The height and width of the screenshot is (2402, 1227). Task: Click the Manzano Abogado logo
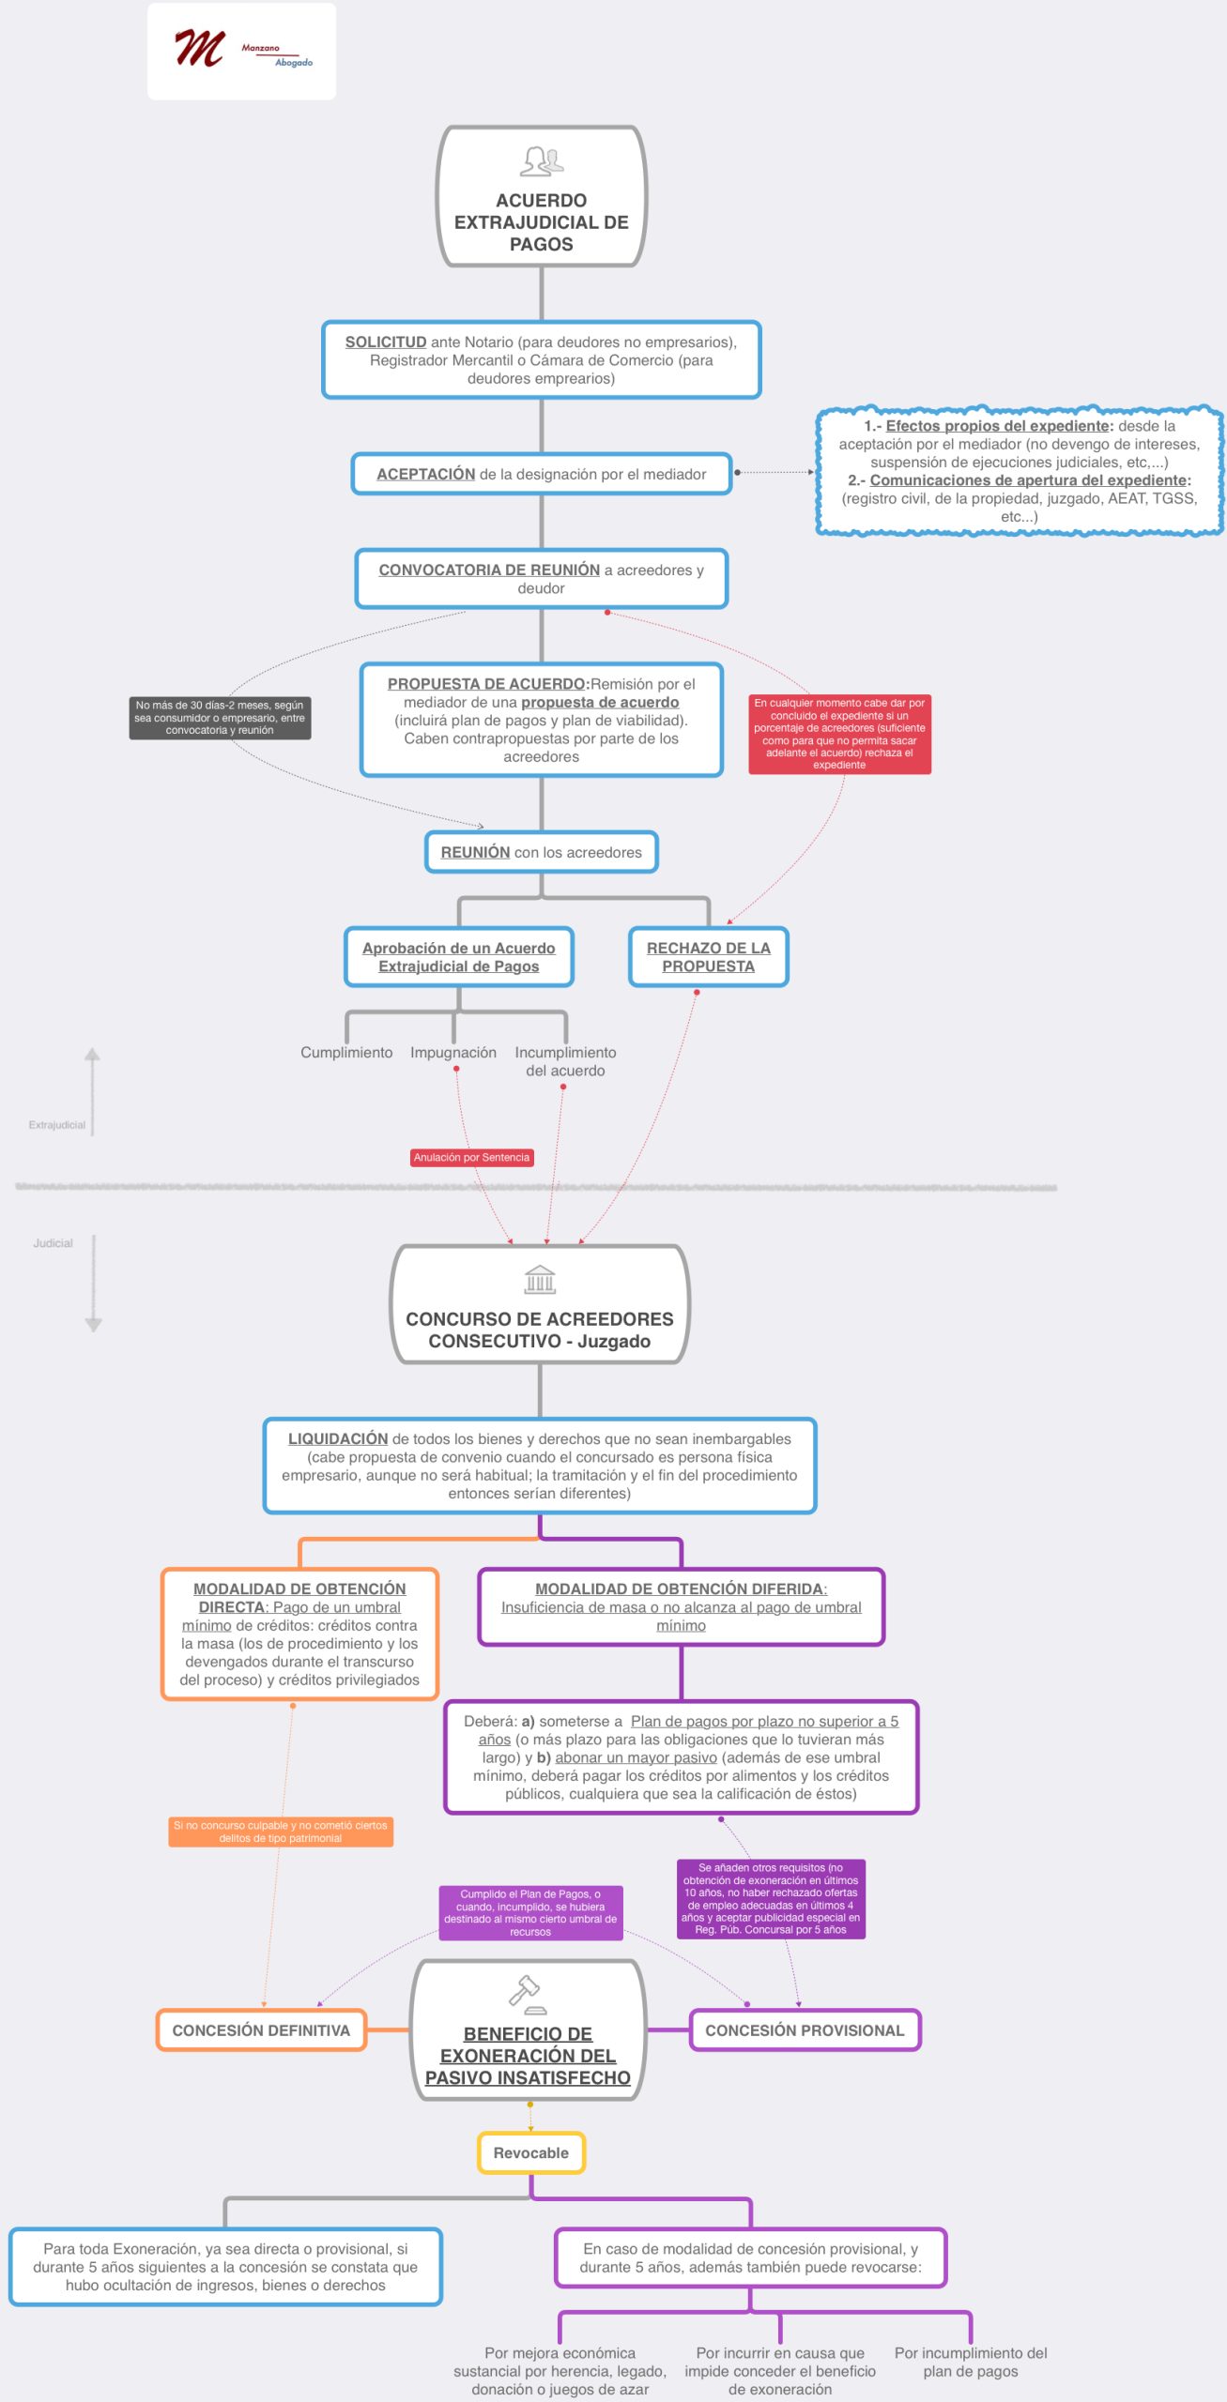coord(241,51)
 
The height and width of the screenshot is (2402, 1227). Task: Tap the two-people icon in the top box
coord(542,161)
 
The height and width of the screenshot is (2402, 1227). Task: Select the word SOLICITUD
coord(385,342)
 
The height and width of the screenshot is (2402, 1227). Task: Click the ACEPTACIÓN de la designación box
coord(541,474)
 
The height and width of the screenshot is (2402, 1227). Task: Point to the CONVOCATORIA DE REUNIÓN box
coord(541,579)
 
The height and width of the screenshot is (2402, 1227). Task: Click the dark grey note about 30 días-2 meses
coord(220,718)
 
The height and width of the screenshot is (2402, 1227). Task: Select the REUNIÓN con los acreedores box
coord(541,852)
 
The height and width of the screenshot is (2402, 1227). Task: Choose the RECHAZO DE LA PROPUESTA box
coord(708,957)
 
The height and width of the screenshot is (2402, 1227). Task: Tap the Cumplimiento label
coord(346,1053)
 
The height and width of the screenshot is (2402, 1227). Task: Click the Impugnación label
coord(453,1053)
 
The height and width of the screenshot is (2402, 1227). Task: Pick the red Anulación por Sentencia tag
coord(471,1158)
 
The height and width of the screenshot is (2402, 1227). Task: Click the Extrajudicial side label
coord(56,1125)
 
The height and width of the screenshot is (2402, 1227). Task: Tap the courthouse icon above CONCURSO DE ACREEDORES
coord(540,1280)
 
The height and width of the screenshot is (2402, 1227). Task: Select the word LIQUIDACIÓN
coord(338,1439)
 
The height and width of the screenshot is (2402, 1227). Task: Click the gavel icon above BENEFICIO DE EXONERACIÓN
coord(526,1994)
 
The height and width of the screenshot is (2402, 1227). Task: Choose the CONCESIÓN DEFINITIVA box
coord(261,2030)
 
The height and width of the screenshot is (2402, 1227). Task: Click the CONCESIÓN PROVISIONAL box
coord(805,2030)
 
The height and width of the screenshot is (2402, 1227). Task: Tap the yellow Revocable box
coord(530,2152)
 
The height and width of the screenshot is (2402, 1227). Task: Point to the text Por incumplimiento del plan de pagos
coord(970,2362)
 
